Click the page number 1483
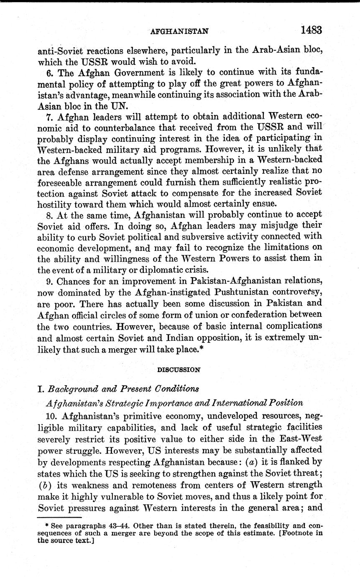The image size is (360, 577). [310, 31]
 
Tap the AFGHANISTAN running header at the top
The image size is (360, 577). [179, 31]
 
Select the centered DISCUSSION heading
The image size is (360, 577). [179, 370]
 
